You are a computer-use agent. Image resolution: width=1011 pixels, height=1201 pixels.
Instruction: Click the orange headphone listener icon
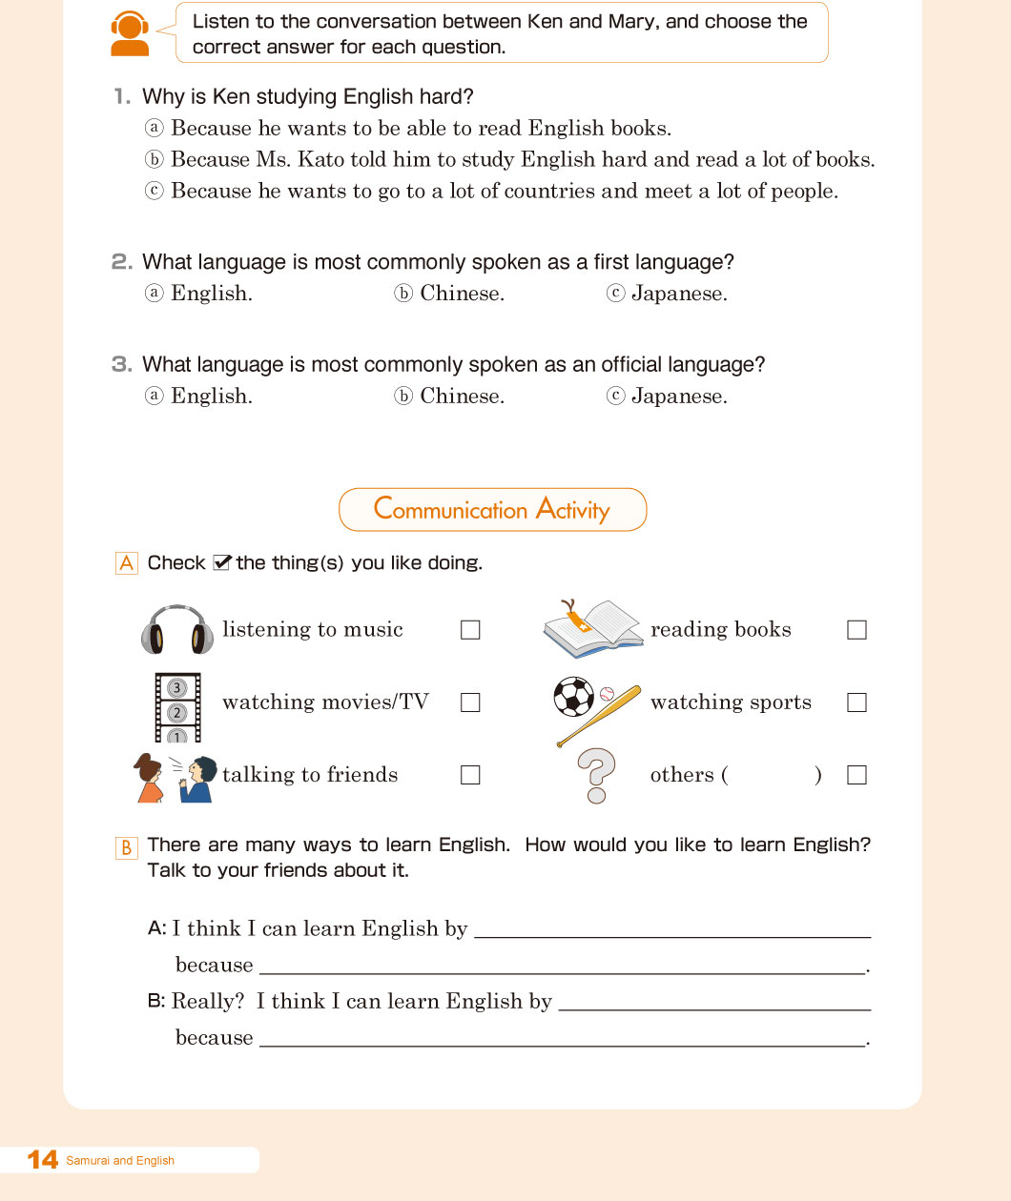[130, 34]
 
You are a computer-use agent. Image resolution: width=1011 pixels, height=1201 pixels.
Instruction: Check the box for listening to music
[470, 630]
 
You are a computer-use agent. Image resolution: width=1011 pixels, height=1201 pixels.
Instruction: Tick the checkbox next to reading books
[856, 630]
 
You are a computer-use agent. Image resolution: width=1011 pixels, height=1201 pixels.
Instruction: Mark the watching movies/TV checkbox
[470, 702]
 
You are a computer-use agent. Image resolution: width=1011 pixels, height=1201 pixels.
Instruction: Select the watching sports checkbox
[856, 702]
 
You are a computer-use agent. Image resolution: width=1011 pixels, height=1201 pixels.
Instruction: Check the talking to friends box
[470, 775]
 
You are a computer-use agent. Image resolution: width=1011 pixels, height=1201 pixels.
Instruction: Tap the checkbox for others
[856, 775]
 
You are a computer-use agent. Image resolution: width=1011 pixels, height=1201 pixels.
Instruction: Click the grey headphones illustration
[177, 629]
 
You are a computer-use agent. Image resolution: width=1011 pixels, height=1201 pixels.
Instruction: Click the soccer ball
[573, 697]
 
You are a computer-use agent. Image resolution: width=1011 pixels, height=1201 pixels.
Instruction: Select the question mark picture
[597, 775]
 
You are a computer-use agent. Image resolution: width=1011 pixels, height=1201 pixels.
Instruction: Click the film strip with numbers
[177, 707]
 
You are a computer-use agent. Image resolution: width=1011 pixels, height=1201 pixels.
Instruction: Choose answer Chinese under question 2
[462, 294]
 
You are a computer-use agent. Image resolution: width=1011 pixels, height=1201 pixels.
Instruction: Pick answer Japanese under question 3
[678, 397]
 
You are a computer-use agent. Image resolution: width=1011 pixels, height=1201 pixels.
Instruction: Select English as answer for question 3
[211, 397]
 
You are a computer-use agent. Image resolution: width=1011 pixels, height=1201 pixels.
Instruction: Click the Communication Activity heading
[492, 510]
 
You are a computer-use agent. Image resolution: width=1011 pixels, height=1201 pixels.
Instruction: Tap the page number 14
[43, 1160]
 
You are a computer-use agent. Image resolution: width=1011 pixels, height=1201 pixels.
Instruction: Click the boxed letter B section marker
[127, 847]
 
